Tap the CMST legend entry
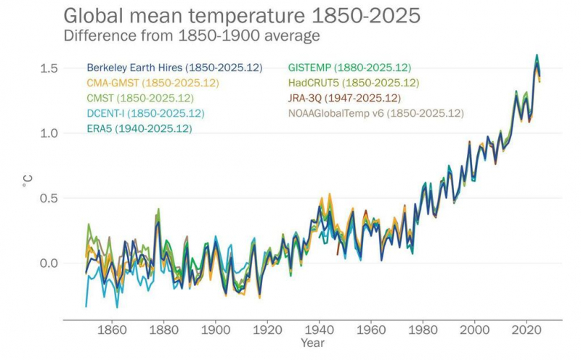point(139,98)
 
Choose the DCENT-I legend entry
point(145,113)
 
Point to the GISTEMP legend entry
point(349,68)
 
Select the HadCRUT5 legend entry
point(354,83)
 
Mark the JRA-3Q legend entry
point(344,98)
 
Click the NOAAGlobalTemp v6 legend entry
point(375,113)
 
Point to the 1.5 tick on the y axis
point(49,68)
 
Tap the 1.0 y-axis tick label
point(49,134)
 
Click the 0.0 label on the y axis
point(49,263)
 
